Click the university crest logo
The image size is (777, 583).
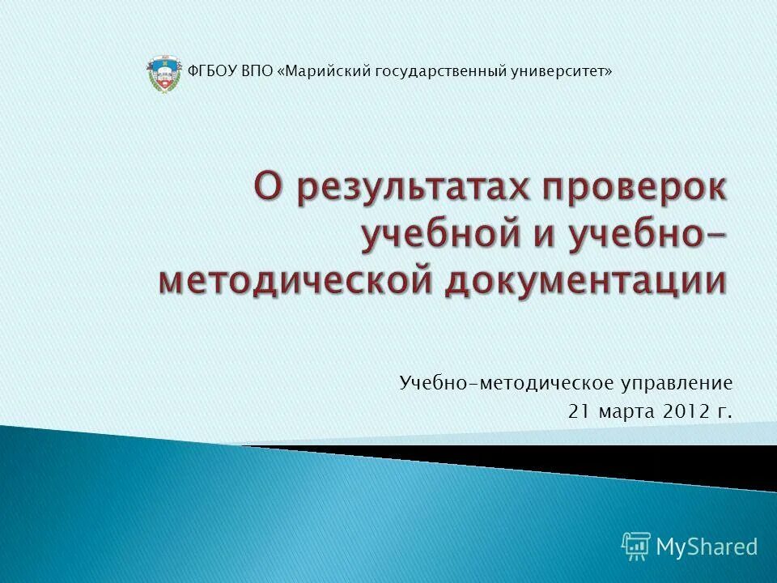161,73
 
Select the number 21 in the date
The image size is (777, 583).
579,411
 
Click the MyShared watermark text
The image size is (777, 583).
707,547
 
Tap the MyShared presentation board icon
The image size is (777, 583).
636,546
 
